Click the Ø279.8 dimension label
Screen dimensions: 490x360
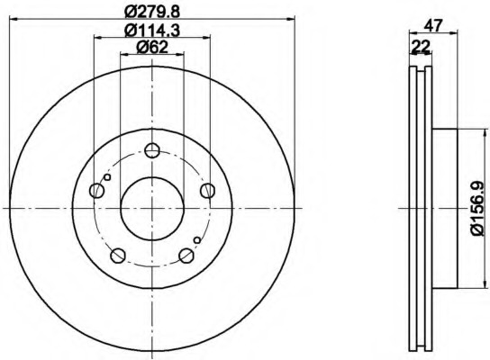pyautogui.click(x=152, y=13)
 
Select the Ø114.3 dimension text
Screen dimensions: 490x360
pyautogui.click(x=152, y=31)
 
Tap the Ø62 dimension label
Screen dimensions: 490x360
pyautogui.click(x=152, y=48)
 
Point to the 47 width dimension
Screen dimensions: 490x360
pyautogui.click(x=433, y=25)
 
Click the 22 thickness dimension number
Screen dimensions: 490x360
pyautogui.click(x=421, y=47)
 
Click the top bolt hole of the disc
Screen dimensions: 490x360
pyautogui.click(x=152, y=150)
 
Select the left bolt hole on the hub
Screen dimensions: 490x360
pyautogui.click(x=96, y=191)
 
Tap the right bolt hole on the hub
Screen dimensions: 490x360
pyautogui.click(x=207, y=191)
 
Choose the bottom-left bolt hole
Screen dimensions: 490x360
pyautogui.click(x=118, y=256)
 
